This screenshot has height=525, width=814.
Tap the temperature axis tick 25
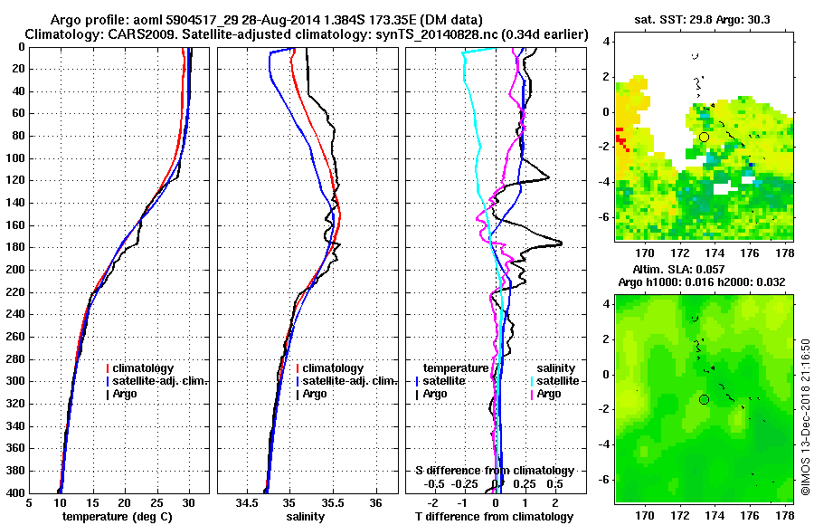point(156,503)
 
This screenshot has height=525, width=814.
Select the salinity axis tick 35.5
point(332,503)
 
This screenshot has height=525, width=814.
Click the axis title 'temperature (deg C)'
point(118,517)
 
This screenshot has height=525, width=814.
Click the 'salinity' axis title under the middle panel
point(306,517)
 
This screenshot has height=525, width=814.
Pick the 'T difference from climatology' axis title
point(494,517)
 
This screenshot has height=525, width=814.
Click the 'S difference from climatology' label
point(494,471)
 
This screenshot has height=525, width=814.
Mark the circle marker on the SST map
point(704,137)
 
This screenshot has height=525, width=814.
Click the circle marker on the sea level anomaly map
point(704,399)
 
